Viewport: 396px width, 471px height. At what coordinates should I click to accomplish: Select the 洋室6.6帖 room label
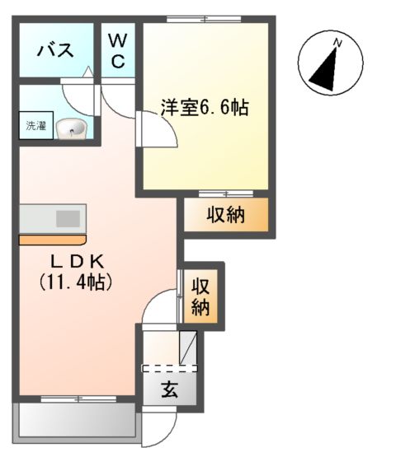point(205,108)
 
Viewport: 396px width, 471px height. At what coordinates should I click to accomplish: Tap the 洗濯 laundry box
point(35,127)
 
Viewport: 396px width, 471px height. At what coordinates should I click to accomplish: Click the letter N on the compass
point(337,42)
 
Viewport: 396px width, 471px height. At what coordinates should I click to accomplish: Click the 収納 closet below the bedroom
point(225,216)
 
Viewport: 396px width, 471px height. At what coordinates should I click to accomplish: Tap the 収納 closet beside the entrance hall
point(201,296)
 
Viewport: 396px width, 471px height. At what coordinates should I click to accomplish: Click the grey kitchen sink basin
point(68,218)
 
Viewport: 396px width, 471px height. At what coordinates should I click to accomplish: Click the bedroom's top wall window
point(206,19)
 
